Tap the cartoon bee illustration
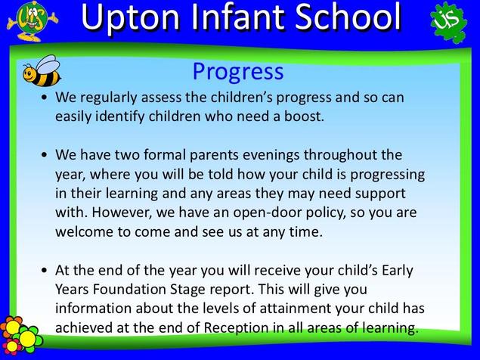(42, 71)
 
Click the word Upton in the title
(131, 18)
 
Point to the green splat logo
(449, 22)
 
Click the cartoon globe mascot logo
(32, 20)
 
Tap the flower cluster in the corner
(20, 335)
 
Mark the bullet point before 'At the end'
(45, 271)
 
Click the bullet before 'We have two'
(45, 155)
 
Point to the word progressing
(388, 175)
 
